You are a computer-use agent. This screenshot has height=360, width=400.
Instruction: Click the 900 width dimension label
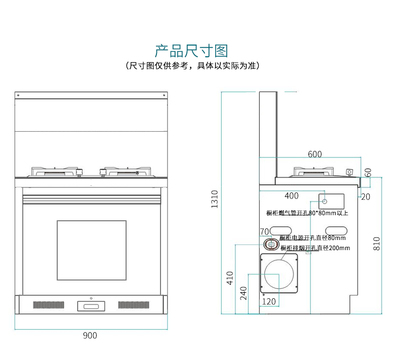91,335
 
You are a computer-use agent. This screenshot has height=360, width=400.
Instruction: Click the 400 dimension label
292,195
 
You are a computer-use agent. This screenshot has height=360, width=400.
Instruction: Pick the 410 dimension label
230,275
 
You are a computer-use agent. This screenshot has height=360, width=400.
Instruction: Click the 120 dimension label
268,301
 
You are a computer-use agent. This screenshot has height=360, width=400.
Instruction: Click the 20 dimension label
364,197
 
